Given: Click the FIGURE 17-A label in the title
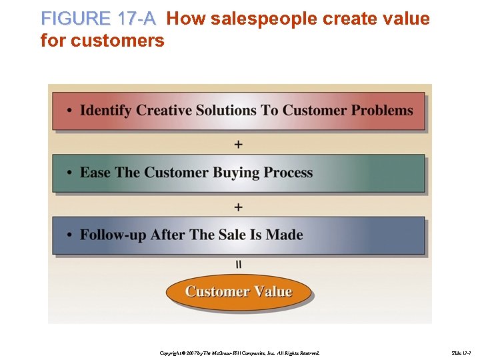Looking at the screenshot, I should (98, 19).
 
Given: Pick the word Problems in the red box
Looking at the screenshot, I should (382, 110).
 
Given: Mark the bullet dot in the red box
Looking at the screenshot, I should (70, 111).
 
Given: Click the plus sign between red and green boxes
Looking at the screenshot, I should (239, 144).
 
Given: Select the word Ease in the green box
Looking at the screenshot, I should (95, 173).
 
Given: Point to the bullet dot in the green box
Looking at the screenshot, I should (70, 173).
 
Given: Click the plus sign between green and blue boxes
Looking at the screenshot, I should (239, 207).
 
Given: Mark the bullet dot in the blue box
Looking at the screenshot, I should (70, 235).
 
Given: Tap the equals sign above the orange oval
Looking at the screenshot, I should (239, 265).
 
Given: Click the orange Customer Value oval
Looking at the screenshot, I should (239, 292).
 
